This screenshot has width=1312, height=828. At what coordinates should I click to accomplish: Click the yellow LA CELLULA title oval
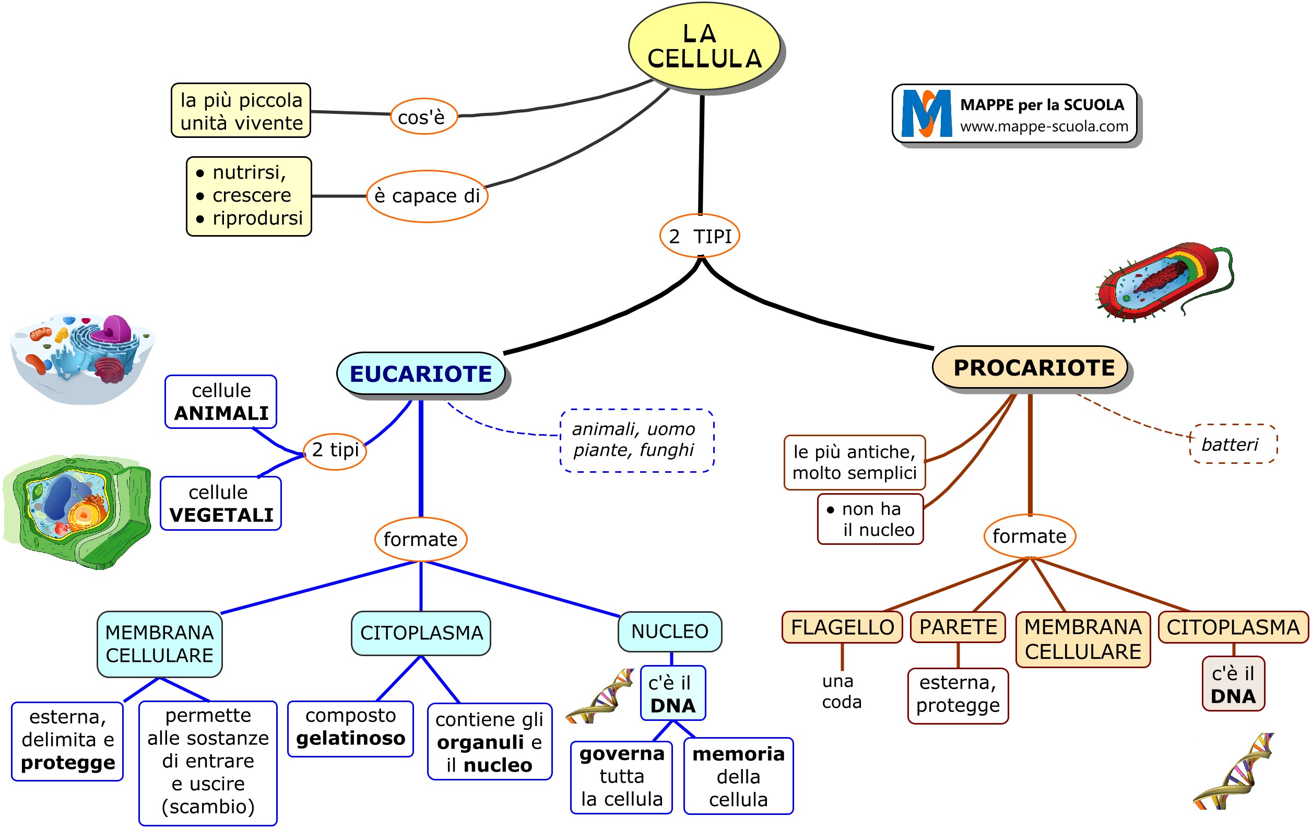tap(704, 46)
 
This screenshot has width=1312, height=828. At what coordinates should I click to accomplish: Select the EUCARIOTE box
tap(421, 374)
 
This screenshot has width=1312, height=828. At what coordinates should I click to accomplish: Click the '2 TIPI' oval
tap(700, 236)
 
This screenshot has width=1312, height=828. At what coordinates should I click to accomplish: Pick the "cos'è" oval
tap(423, 116)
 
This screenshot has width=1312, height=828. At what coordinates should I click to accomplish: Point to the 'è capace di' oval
tap(427, 196)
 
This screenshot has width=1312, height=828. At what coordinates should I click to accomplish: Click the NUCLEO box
tap(670, 631)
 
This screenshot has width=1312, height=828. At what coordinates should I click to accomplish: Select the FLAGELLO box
tap(842, 627)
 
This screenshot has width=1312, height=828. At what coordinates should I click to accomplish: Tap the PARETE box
tap(958, 627)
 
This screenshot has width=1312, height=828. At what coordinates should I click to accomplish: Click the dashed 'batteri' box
tap(1233, 444)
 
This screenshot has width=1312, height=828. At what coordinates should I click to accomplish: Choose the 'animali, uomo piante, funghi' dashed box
tap(636, 440)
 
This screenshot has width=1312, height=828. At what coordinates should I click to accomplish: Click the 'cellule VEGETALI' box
tap(221, 503)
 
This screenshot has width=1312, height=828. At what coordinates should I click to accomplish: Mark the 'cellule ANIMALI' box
tap(221, 402)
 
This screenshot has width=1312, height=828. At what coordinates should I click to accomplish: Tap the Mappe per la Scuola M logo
tap(926, 113)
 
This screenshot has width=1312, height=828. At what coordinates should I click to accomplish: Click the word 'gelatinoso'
tap(350, 739)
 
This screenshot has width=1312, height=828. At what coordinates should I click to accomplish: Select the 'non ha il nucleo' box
tap(870, 519)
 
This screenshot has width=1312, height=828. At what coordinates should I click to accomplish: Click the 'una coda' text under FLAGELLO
tap(842, 691)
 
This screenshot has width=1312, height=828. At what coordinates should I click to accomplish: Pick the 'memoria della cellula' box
tap(738, 776)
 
